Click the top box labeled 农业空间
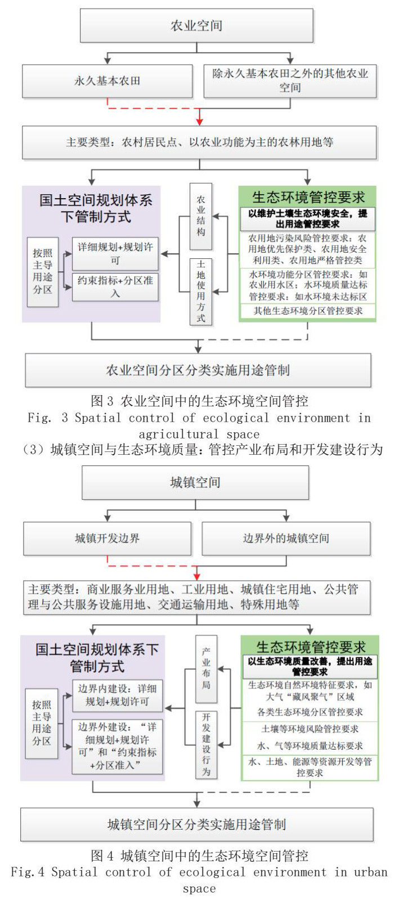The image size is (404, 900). pyautogui.click(x=196, y=25)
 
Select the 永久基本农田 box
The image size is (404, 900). pyautogui.click(x=107, y=81)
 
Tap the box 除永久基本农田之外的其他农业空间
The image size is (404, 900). pyautogui.click(x=290, y=81)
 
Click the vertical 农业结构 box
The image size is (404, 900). pyautogui.click(x=201, y=216)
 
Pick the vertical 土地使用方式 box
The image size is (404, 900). pyautogui.click(x=201, y=291)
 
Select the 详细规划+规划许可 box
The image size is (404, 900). pyautogui.click(x=115, y=254)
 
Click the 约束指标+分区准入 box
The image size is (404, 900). pyautogui.click(x=115, y=286)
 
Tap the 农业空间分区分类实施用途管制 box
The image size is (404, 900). pyautogui.click(x=198, y=370)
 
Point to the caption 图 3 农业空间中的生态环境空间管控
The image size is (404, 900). pyautogui.click(x=199, y=401)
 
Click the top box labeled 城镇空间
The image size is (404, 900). pyautogui.click(x=195, y=482)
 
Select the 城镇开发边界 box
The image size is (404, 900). pyautogui.click(x=107, y=538)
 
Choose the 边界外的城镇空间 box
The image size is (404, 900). pyautogui.click(x=286, y=538)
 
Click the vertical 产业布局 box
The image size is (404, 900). pyautogui.click(x=206, y=669)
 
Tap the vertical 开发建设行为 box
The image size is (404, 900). pyautogui.click(x=206, y=744)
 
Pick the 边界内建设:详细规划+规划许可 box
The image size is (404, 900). pyautogui.click(x=117, y=695)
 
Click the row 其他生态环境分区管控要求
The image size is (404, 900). pyautogui.click(x=308, y=311)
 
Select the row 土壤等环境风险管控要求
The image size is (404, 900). pyautogui.click(x=309, y=729)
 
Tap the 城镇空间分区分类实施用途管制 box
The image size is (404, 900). pyautogui.click(x=196, y=825)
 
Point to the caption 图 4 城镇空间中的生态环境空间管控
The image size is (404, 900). pyautogui.click(x=199, y=856)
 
